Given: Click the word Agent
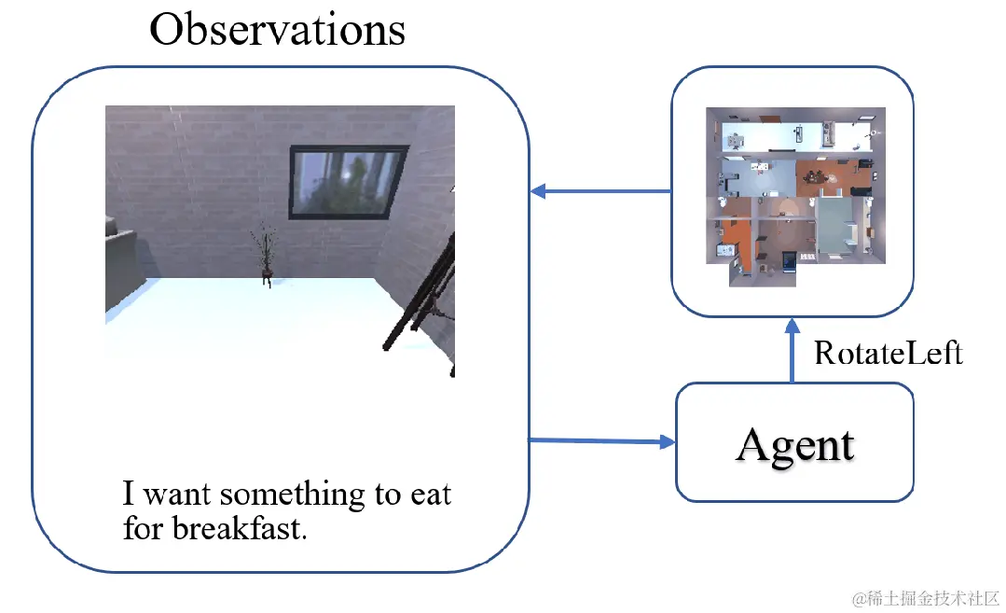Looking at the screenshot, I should click(794, 444).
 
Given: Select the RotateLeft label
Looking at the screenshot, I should click(888, 353).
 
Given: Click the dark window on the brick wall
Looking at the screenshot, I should click(348, 181).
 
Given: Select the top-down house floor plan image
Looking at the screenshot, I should click(794, 197).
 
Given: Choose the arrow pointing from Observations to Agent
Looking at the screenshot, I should click(601, 440).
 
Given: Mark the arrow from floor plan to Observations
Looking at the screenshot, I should click(601, 192).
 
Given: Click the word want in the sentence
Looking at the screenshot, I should click(177, 494).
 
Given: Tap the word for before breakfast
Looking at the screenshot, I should click(143, 529).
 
